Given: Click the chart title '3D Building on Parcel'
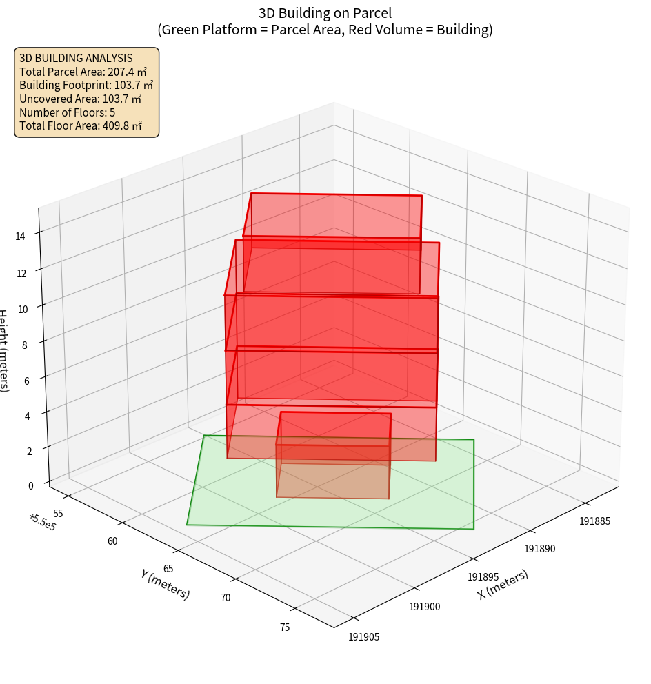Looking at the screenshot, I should click(x=325, y=13).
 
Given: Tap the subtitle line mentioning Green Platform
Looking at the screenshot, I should click(x=325, y=30).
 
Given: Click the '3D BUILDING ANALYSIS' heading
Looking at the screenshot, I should click(x=76, y=58).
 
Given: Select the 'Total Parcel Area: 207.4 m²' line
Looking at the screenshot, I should click(x=83, y=71).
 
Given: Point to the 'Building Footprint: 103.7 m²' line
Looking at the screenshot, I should click(x=86, y=85).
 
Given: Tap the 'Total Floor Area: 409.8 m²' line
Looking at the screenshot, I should click(x=81, y=125).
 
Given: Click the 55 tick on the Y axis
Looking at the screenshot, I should click(x=58, y=514).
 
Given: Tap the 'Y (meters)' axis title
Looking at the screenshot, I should click(x=165, y=584).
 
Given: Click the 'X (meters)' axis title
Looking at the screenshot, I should click(x=503, y=584).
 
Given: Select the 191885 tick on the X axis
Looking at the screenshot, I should click(x=595, y=521).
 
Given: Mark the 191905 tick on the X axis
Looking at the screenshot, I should click(x=364, y=637).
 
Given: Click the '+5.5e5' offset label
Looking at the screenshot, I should click(x=42, y=523).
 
